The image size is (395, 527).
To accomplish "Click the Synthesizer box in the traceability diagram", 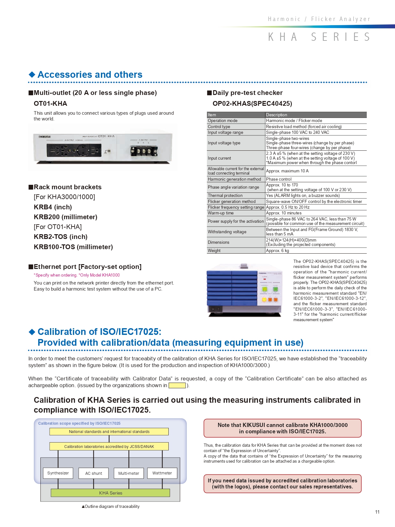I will (58, 473).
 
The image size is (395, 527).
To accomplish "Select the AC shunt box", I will (94, 473).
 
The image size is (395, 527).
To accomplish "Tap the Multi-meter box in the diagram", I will (129, 473).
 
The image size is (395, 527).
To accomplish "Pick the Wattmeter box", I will (162, 473).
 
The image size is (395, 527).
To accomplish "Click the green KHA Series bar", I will (110, 493).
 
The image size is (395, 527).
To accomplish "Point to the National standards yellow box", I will (109, 432).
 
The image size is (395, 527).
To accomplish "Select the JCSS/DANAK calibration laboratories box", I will (109, 446).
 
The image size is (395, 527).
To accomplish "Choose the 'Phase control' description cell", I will (279, 179).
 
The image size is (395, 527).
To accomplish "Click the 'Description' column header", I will (277, 115).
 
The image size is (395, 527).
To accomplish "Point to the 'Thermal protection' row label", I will (225, 196).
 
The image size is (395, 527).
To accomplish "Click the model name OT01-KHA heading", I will (50, 104).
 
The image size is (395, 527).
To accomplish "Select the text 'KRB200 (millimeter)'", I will (66, 217).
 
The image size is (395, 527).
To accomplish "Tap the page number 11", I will (377, 512).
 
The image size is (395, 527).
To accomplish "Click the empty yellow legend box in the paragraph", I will (177, 386).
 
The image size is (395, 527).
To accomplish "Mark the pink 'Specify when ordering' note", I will (77, 275).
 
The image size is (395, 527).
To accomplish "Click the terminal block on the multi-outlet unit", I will (144, 151).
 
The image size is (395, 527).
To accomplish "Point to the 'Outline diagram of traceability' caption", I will (110, 507).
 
